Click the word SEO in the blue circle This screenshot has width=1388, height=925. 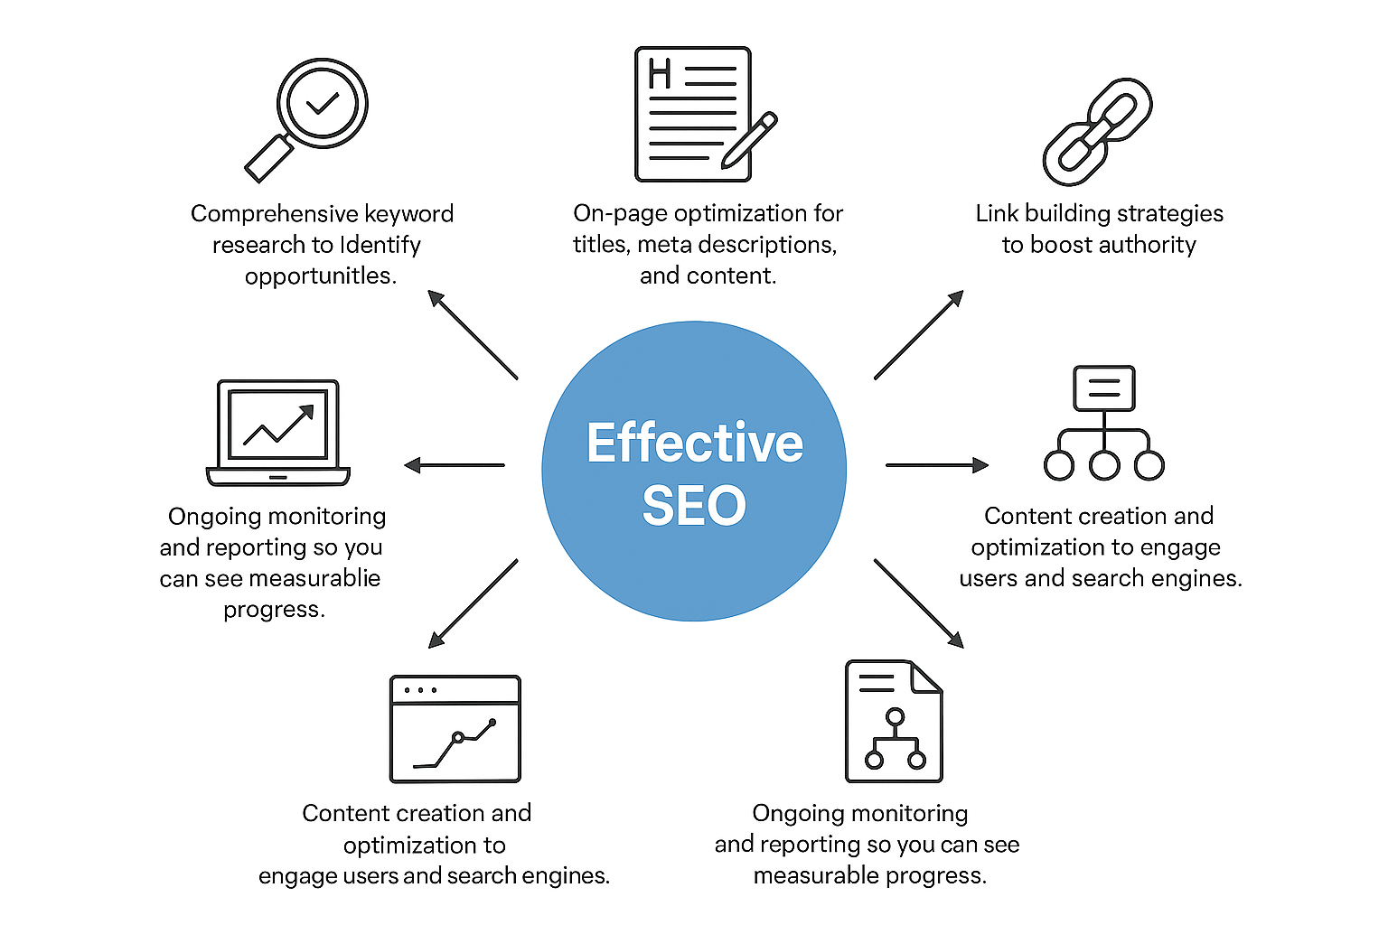(694, 505)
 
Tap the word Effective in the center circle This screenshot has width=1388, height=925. (694, 443)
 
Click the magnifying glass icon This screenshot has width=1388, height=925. (307, 117)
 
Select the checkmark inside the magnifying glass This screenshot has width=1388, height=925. (323, 103)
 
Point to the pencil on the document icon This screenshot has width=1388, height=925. (750, 140)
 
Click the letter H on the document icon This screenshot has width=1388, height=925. (660, 74)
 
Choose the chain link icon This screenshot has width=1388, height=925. (1097, 131)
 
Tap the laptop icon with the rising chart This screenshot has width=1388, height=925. (278, 432)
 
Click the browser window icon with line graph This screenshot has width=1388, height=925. (455, 728)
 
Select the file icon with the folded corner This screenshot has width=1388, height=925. (893, 721)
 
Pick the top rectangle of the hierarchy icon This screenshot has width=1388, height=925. (1103, 388)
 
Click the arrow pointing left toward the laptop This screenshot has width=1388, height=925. (454, 465)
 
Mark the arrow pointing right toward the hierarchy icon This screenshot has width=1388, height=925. (937, 465)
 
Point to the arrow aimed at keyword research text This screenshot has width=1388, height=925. (472, 334)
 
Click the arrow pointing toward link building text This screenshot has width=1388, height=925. (919, 334)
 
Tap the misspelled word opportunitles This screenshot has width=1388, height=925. (320, 276)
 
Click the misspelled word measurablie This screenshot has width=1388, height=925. (314, 578)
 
